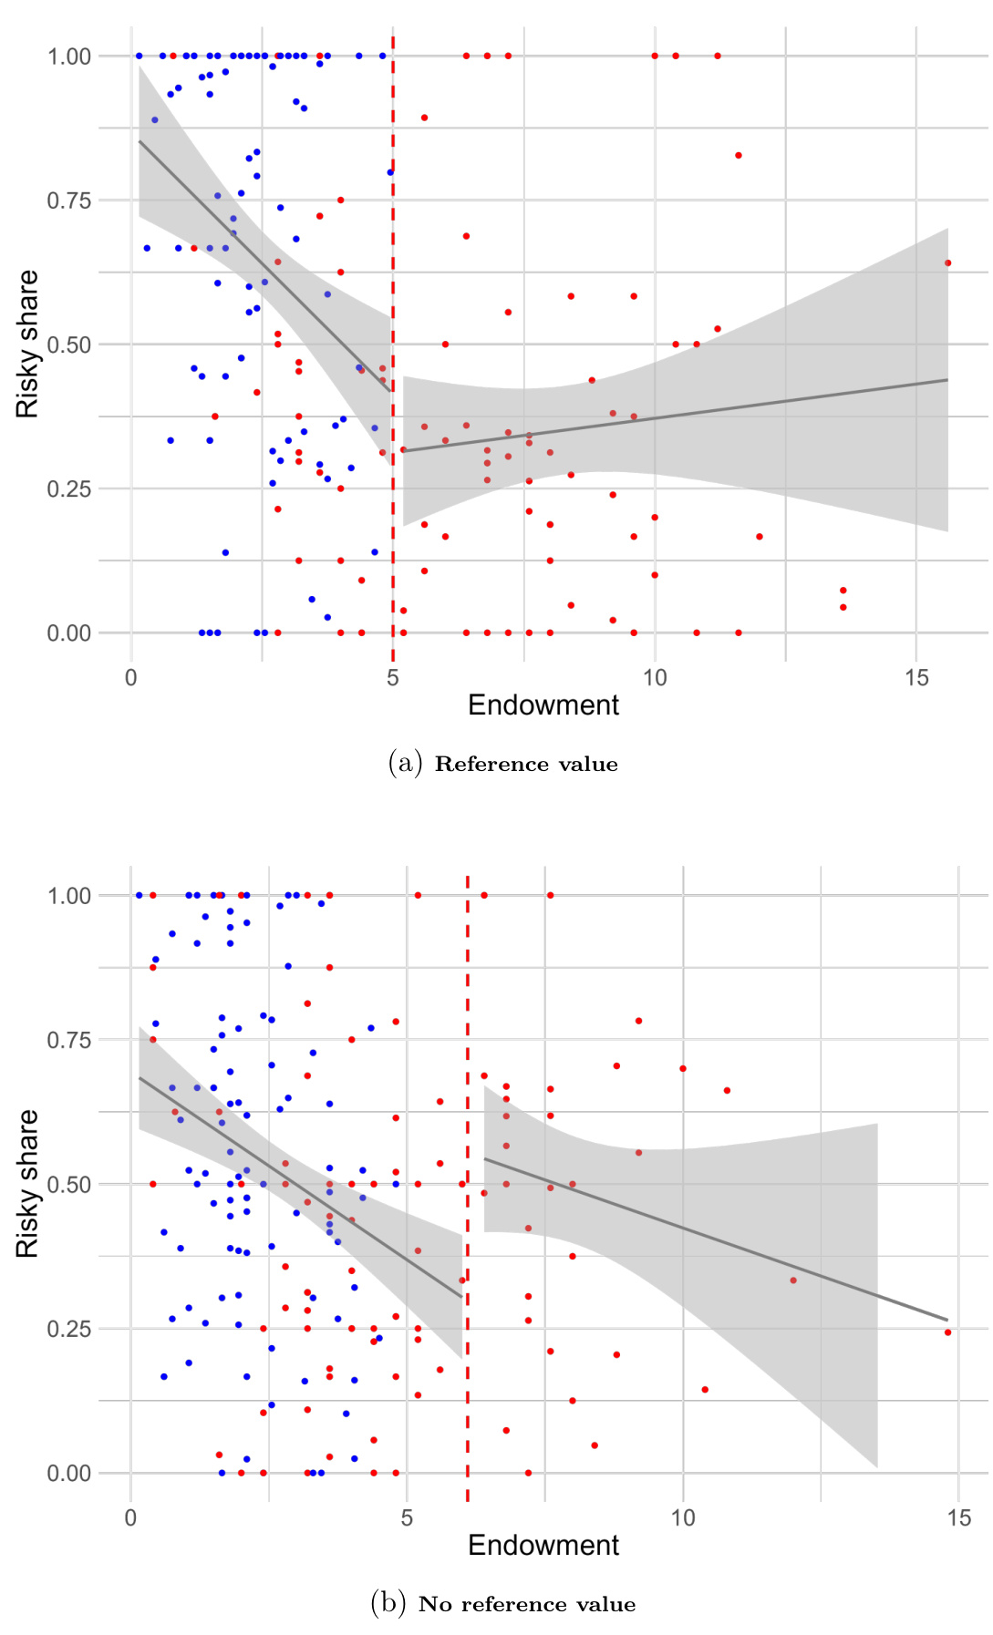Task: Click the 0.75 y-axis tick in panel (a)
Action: pos(69,201)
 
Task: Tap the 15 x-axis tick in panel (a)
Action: pos(916,677)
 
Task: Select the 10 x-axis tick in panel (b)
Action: pos(683,1518)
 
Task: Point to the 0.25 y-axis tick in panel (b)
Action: pos(69,1329)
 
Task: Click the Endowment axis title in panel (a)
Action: pos(543,705)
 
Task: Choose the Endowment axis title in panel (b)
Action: pos(543,1546)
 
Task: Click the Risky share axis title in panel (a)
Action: pos(28,344)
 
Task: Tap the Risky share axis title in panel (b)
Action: pos(28,1184)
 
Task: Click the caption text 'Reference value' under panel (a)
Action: pos(526,765)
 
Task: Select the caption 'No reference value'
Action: pos(526,1605)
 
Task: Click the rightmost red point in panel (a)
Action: pos(947,263)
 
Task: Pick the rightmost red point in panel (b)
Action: pos(947,1332)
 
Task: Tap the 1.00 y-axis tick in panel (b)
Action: pos(69,896)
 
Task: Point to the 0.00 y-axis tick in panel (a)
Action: pos(69,633)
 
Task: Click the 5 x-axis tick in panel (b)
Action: pos(407,1518)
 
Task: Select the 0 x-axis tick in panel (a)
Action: pos(132,677)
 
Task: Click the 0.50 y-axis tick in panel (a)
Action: pos(69,344)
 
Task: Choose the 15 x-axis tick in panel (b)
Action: pos(958,1518)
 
